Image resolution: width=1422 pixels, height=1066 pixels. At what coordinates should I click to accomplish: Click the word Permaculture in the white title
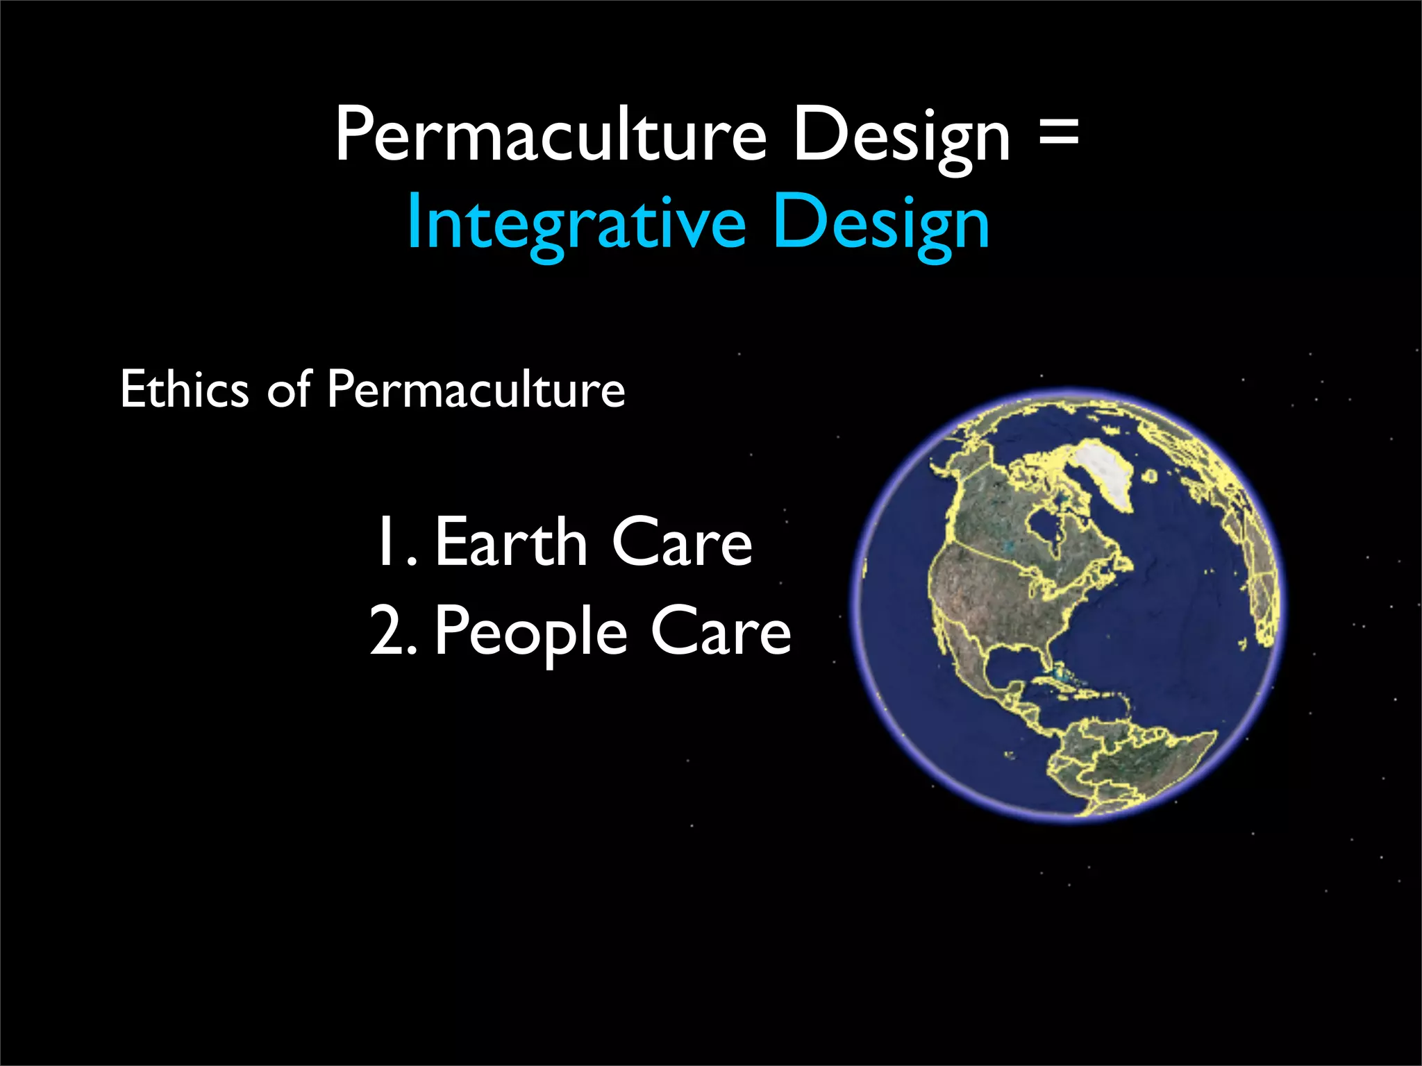[551, 135]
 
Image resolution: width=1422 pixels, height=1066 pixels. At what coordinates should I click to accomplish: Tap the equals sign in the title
[1059, 132]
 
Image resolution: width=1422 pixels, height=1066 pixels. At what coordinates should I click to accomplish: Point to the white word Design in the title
[901, 135]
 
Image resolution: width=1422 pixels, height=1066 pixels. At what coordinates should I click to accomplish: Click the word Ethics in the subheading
[184, 389]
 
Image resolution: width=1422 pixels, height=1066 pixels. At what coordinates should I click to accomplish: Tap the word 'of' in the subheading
[289, 389]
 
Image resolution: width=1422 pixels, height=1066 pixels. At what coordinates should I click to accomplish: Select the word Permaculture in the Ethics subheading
[476, 389]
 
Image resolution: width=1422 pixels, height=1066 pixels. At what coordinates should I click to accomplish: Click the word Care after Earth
[682, 543]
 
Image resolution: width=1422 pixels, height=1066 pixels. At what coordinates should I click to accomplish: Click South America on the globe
[1139, 763]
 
